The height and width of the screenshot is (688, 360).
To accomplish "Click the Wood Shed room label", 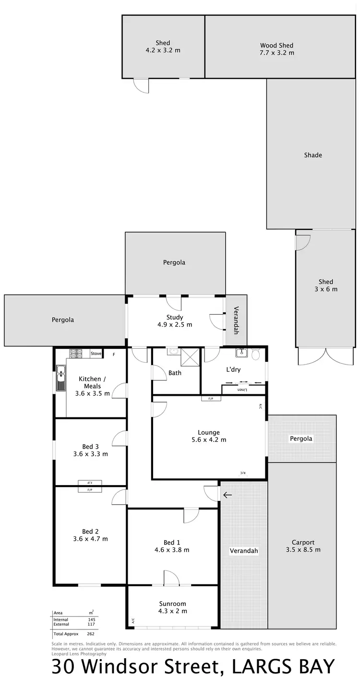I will coord(276,49).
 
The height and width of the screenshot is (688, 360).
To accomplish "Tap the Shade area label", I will coord(313,155).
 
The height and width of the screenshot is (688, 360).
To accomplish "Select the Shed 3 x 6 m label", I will coord(325,285).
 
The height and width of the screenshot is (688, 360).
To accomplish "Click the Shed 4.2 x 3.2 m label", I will coord(163,47).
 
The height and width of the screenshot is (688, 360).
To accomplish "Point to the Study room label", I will coord(175,320).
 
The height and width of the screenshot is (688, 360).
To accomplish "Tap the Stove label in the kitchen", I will coord(96,354).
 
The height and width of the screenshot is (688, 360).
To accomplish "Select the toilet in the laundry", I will coord(255,355).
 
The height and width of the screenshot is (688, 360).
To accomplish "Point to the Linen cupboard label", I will coord(243,390).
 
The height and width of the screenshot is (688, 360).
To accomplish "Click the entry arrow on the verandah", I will coord(227,495).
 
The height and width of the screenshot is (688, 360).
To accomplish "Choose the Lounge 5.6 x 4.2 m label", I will coord(208,436).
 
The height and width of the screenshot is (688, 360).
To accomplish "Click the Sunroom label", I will coord(172,607).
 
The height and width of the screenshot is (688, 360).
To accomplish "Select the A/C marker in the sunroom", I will coord(132,621).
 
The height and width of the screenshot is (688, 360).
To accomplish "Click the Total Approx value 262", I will coord(91,634).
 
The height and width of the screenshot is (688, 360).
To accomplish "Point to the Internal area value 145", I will coord(91,620).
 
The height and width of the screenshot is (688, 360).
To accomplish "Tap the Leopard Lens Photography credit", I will coord(79,653).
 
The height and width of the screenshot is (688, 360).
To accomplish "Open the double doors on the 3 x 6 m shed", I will coord(325,356).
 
